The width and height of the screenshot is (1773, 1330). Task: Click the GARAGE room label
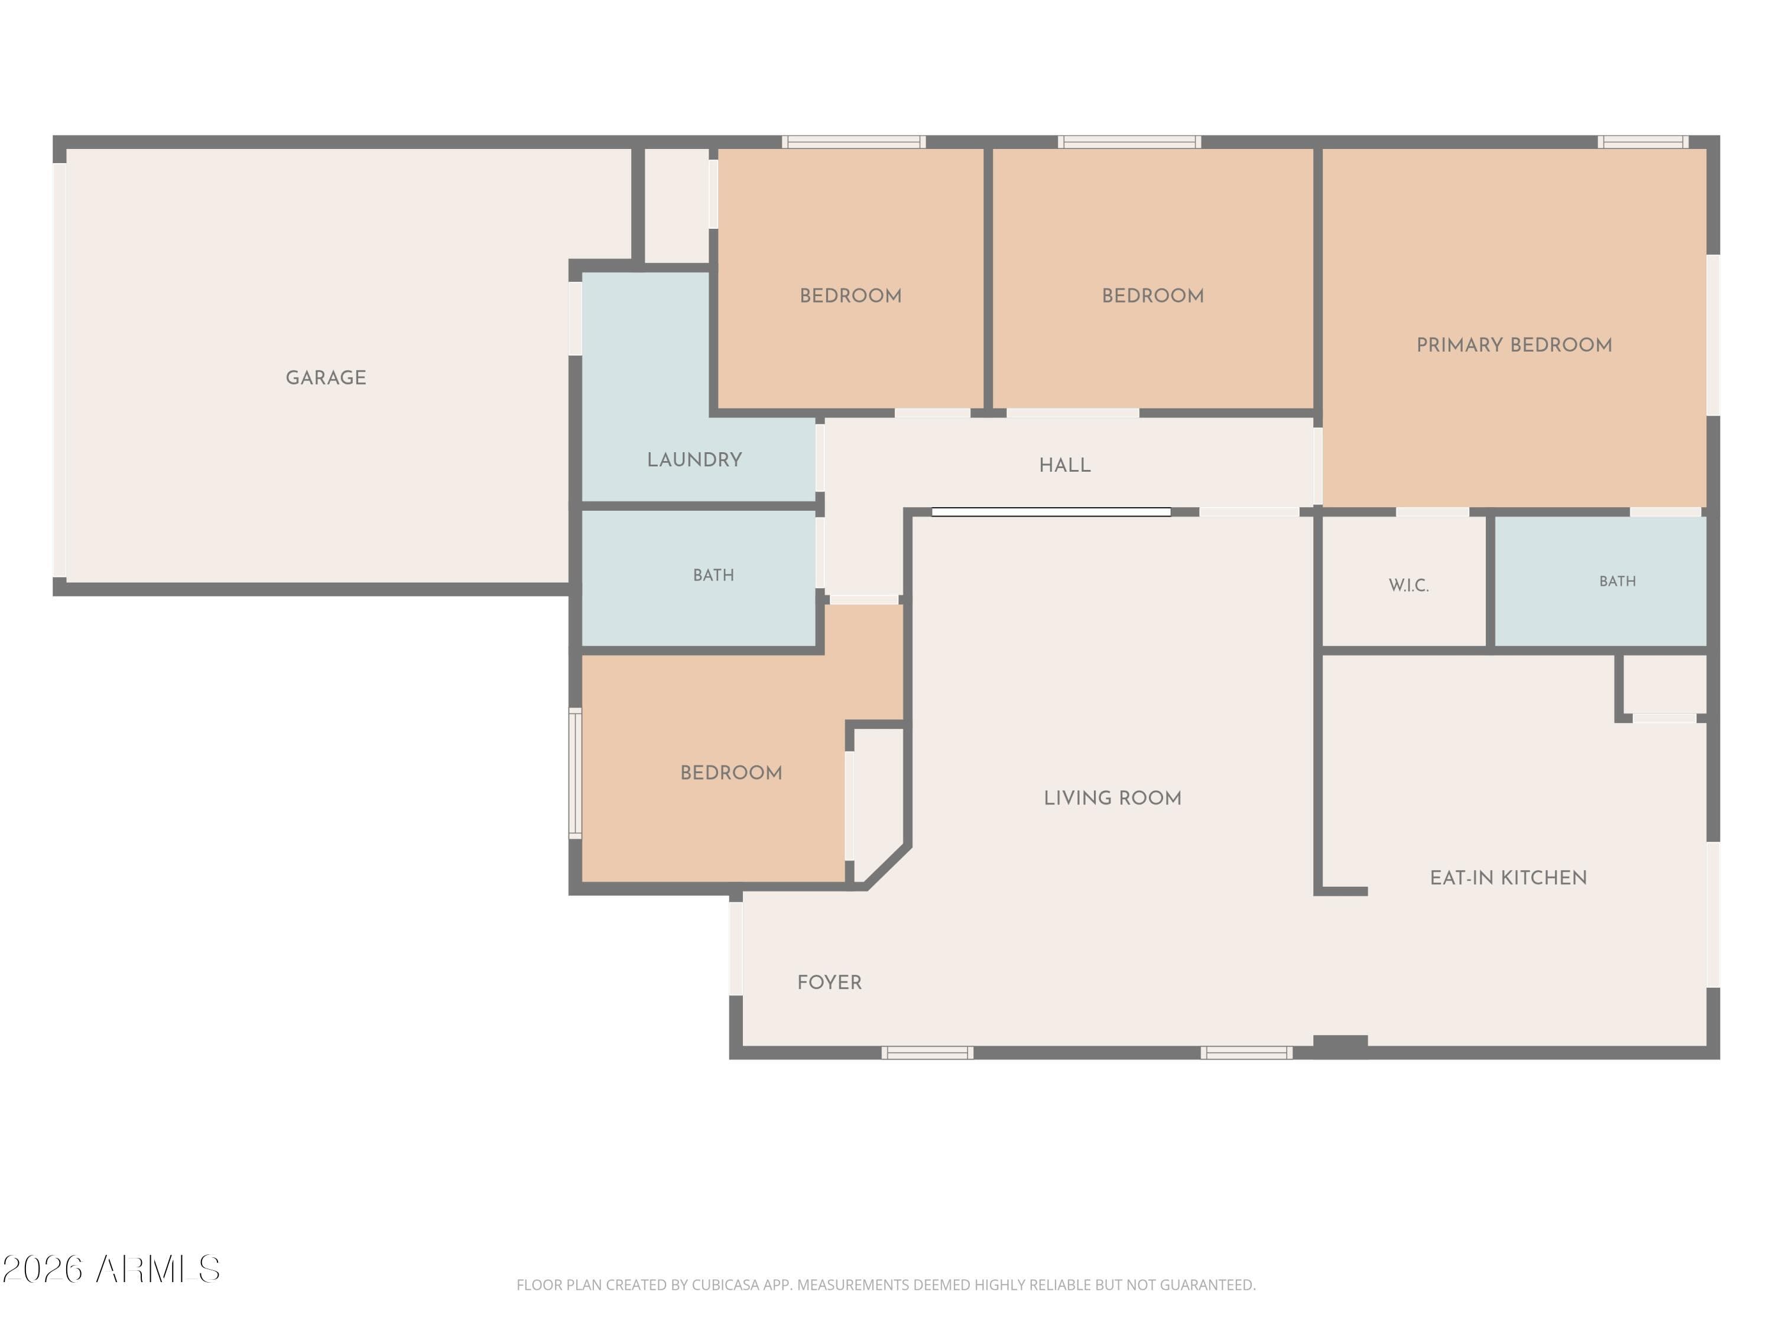(326, 378)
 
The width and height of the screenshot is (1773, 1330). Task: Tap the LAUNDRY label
(694, 459)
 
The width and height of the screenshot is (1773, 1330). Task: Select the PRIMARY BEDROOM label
(1514, 345)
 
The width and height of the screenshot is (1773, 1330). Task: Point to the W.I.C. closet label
(1408, 585)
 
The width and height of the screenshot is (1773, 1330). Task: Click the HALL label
(1064, 465)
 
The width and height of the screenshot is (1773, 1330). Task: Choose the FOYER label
(829, 982)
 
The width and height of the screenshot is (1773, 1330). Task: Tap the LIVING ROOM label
(1112, 797)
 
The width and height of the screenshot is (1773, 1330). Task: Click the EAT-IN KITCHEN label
(1508, 877)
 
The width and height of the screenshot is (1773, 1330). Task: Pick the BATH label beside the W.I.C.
(1617, 581)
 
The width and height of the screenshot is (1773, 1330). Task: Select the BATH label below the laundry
(713, 575)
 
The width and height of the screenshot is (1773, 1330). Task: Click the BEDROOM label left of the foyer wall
(731, 773)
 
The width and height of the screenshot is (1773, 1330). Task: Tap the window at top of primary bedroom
(1643, 142)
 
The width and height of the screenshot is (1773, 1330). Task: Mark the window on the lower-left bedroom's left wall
(574, 773)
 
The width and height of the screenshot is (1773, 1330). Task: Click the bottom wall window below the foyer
(927, 1053)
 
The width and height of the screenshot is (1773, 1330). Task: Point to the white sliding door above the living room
(1051, 511)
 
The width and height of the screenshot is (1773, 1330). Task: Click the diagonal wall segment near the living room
(888, 866)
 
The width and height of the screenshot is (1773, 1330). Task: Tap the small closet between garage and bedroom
(677, 205)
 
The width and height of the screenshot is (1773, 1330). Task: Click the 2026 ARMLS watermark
(112, 1269)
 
